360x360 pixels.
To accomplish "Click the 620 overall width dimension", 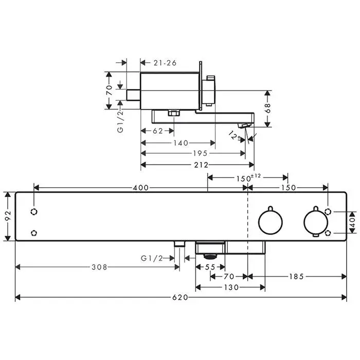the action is (x=180, y=298).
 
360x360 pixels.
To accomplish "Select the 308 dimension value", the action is (x=99, y=267).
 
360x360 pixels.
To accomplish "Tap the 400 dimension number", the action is (x=141, y=188).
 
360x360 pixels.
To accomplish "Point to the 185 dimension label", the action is (x=296, y=277).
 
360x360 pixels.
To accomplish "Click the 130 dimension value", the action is (x=231, y=287).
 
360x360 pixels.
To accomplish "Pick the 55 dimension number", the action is (x=210, y=267).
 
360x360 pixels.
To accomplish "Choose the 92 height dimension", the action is (x=8, y=216).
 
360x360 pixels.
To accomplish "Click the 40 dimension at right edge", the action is (x=352, y=222).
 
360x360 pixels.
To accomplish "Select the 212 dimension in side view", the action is (x=201, y=165).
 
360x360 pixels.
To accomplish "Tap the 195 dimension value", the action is (x=200, y=153).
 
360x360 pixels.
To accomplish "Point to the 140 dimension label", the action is (x=181, y=143).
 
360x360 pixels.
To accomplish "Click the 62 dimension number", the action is (x=158, y=131).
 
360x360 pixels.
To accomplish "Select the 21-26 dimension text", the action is (x=165, y=63).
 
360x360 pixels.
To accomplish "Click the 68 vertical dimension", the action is (x=268, y=109).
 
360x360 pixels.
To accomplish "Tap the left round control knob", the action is (x=271, y=222).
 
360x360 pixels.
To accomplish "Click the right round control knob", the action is (x=316, y=222).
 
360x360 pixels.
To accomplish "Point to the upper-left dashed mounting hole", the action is (x=34, y=211).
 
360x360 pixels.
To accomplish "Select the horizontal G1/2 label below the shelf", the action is (x=152, y=259).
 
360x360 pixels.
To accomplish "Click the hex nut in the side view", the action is (x=174, y=113).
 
